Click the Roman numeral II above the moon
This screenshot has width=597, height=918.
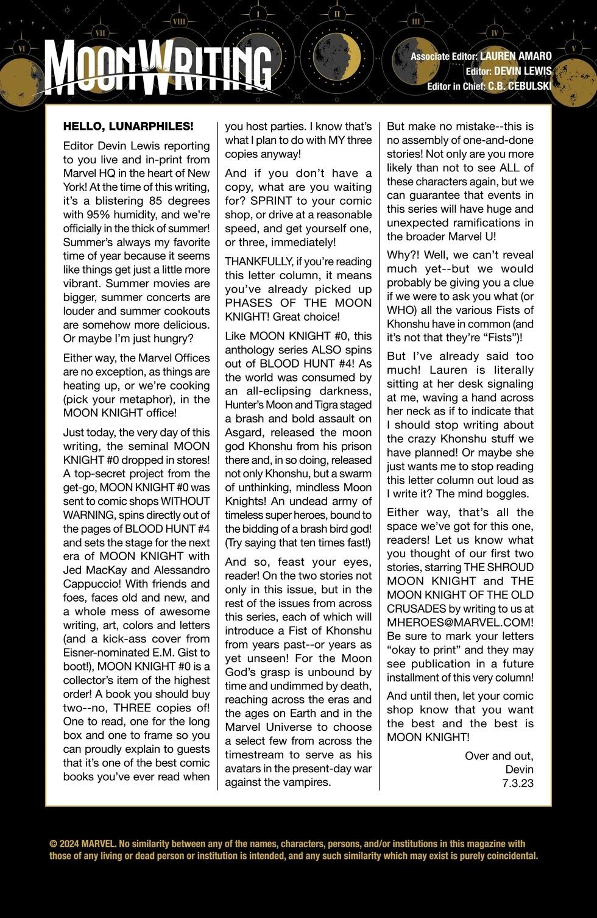tap(336, 13)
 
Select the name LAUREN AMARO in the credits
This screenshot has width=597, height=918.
tap(515, 56)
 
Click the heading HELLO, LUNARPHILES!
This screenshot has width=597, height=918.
tap(129, 126)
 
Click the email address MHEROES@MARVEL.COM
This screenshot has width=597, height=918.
tap(460, 622)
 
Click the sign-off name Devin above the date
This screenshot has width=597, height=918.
tap(519, 769)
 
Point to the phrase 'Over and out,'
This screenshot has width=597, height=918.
tap(499, 755)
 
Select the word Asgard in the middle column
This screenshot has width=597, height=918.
tap(243, 432)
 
